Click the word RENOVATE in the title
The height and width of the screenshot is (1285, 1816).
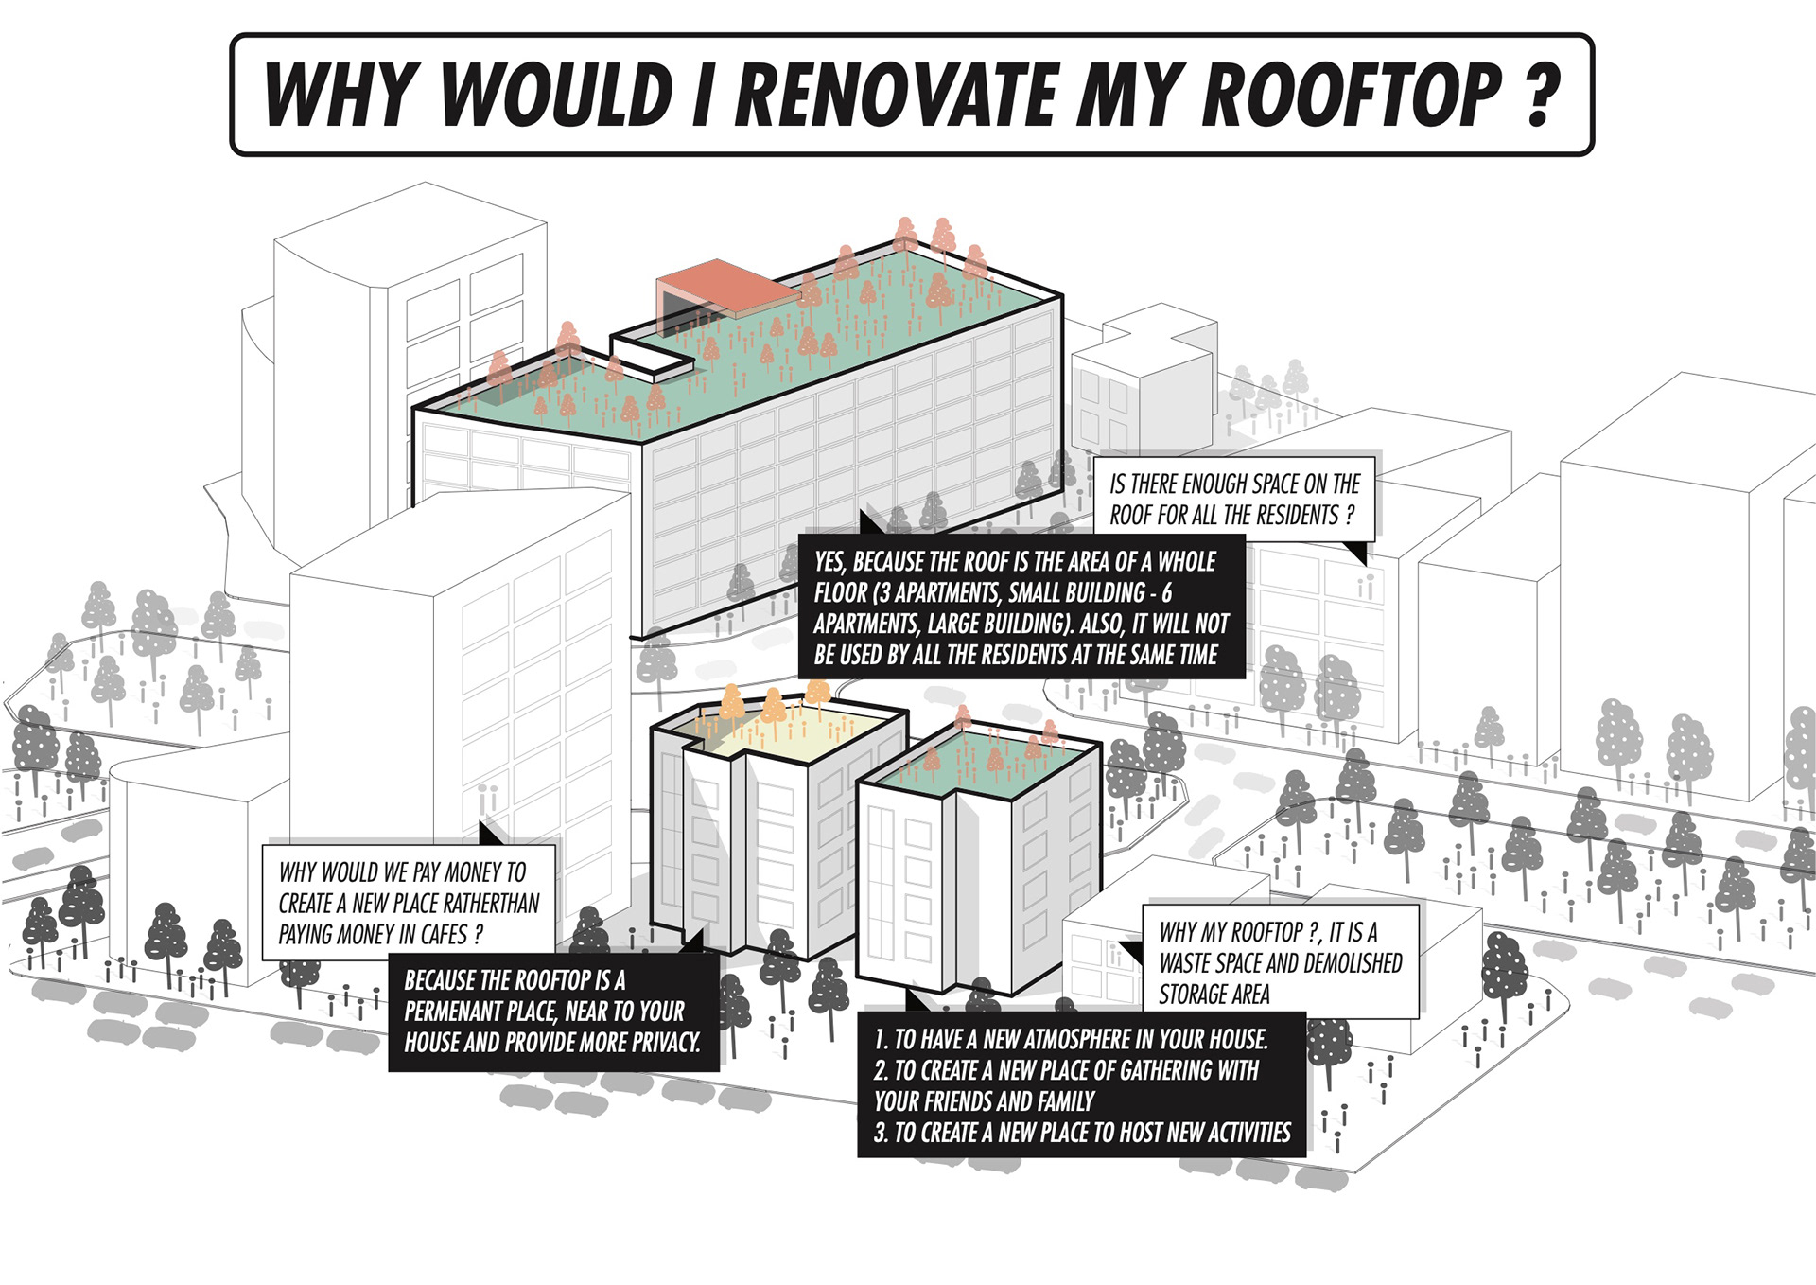coord(897,95)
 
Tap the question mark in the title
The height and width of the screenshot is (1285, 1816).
coord(1542,95)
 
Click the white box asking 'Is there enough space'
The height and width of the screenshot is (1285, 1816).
coord(1233,500)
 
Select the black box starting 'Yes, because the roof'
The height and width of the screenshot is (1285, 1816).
coord(1021,607)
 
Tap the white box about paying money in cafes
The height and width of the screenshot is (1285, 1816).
coord(409,903)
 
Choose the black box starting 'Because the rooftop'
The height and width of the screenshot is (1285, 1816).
coord(553,1012)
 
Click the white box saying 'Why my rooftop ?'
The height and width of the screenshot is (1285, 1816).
coord(1281,962)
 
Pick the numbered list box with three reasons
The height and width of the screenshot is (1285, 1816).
coord(1081,1085)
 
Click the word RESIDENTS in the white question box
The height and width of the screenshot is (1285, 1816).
coord(1291,516)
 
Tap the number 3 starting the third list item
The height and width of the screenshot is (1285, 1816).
coord(881,1133)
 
